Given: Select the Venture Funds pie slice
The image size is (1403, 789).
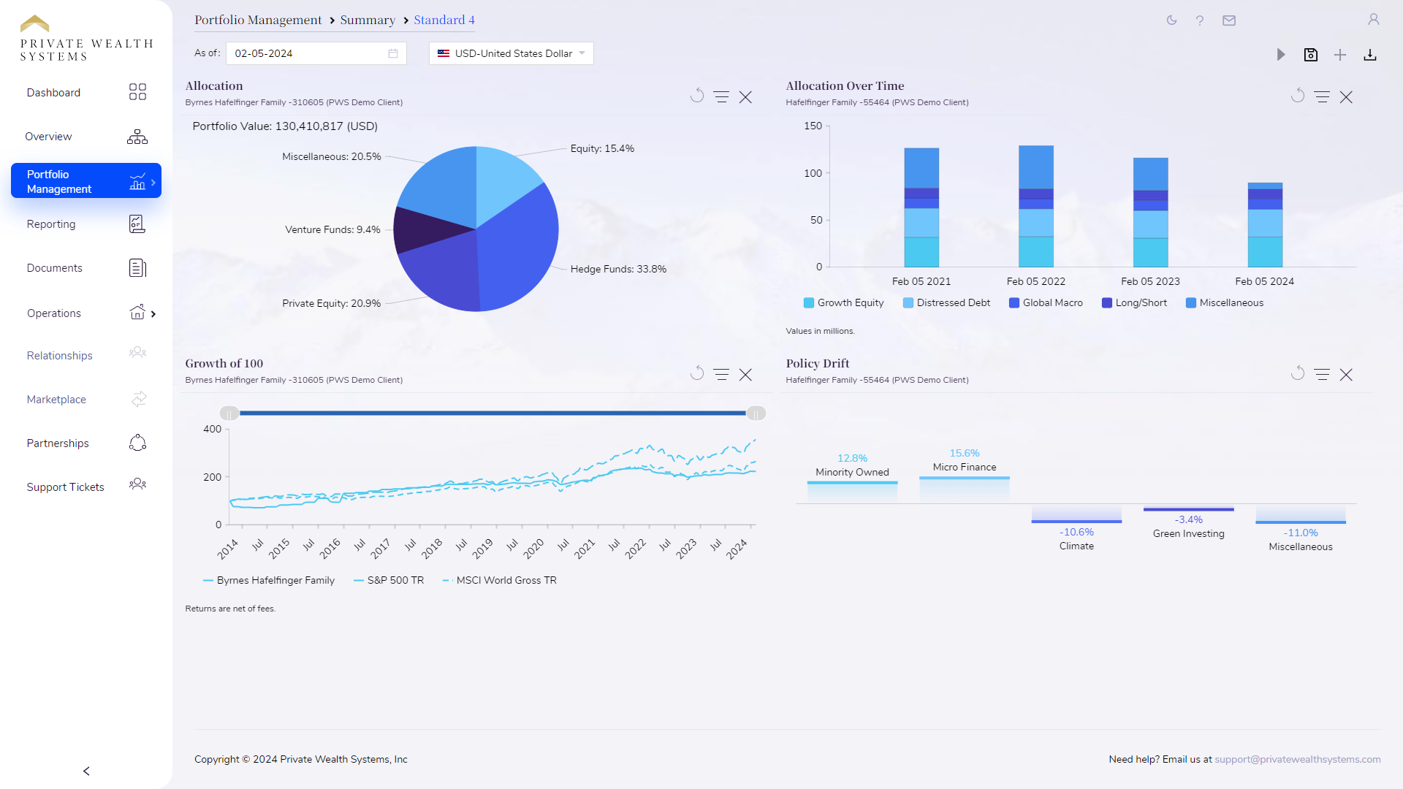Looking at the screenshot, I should (424, 229).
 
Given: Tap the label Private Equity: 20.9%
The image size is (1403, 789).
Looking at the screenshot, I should (331, 303).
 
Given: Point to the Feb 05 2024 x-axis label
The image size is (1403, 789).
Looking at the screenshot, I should (1264, 281).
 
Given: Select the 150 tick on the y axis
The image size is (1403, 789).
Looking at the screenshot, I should (813, 126).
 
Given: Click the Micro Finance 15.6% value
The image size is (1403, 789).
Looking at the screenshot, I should (964, 453).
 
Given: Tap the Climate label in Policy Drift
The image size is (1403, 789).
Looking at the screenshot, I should (1076, 546).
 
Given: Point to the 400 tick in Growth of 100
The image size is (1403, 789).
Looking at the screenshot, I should (212, 429).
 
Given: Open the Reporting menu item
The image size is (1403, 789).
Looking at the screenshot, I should (51, 224).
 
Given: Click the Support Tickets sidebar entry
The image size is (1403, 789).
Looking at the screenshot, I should (65, 487).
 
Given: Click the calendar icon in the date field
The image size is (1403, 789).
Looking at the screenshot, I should (393, 53).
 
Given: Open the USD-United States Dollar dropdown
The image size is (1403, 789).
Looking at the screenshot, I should (512, 53).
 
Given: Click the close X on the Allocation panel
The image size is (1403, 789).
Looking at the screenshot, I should (745, 97).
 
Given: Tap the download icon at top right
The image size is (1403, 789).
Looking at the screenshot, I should (1370, 55).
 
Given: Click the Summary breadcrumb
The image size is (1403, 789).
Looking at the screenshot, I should (368, 20).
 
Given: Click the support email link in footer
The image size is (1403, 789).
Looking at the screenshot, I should (1297, 759).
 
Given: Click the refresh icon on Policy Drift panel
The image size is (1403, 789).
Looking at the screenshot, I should (1297, 374).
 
